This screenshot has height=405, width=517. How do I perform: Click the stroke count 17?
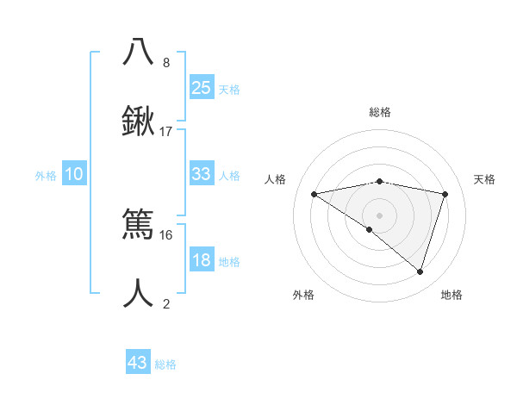[x=166, y=132]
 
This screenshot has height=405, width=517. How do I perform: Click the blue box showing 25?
[x=201, y=87]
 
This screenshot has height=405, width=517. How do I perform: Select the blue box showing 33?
[x=201, y=174]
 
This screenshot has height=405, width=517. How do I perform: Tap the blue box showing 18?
[x=201, y=260]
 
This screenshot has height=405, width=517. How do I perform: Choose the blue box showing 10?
[x=74, y=174]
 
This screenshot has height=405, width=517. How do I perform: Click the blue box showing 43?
[x=138, y=363]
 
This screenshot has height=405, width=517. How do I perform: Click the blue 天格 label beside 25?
[x=229, y=89]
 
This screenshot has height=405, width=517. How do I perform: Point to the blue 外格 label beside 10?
[x=46, y=176]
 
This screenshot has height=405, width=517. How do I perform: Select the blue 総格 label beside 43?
[x=165, y=364]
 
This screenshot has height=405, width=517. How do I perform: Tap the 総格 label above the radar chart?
[x=379, y=112]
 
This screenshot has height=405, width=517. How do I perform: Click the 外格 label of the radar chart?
[x=303, y=295]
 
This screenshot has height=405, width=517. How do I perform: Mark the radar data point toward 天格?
[x=445, y=194]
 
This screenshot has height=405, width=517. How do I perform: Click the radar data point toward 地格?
[x=420, y=271]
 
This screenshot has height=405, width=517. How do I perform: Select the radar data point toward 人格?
[x=314, y=194]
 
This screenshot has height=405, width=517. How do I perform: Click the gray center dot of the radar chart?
[x=379, y=215]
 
